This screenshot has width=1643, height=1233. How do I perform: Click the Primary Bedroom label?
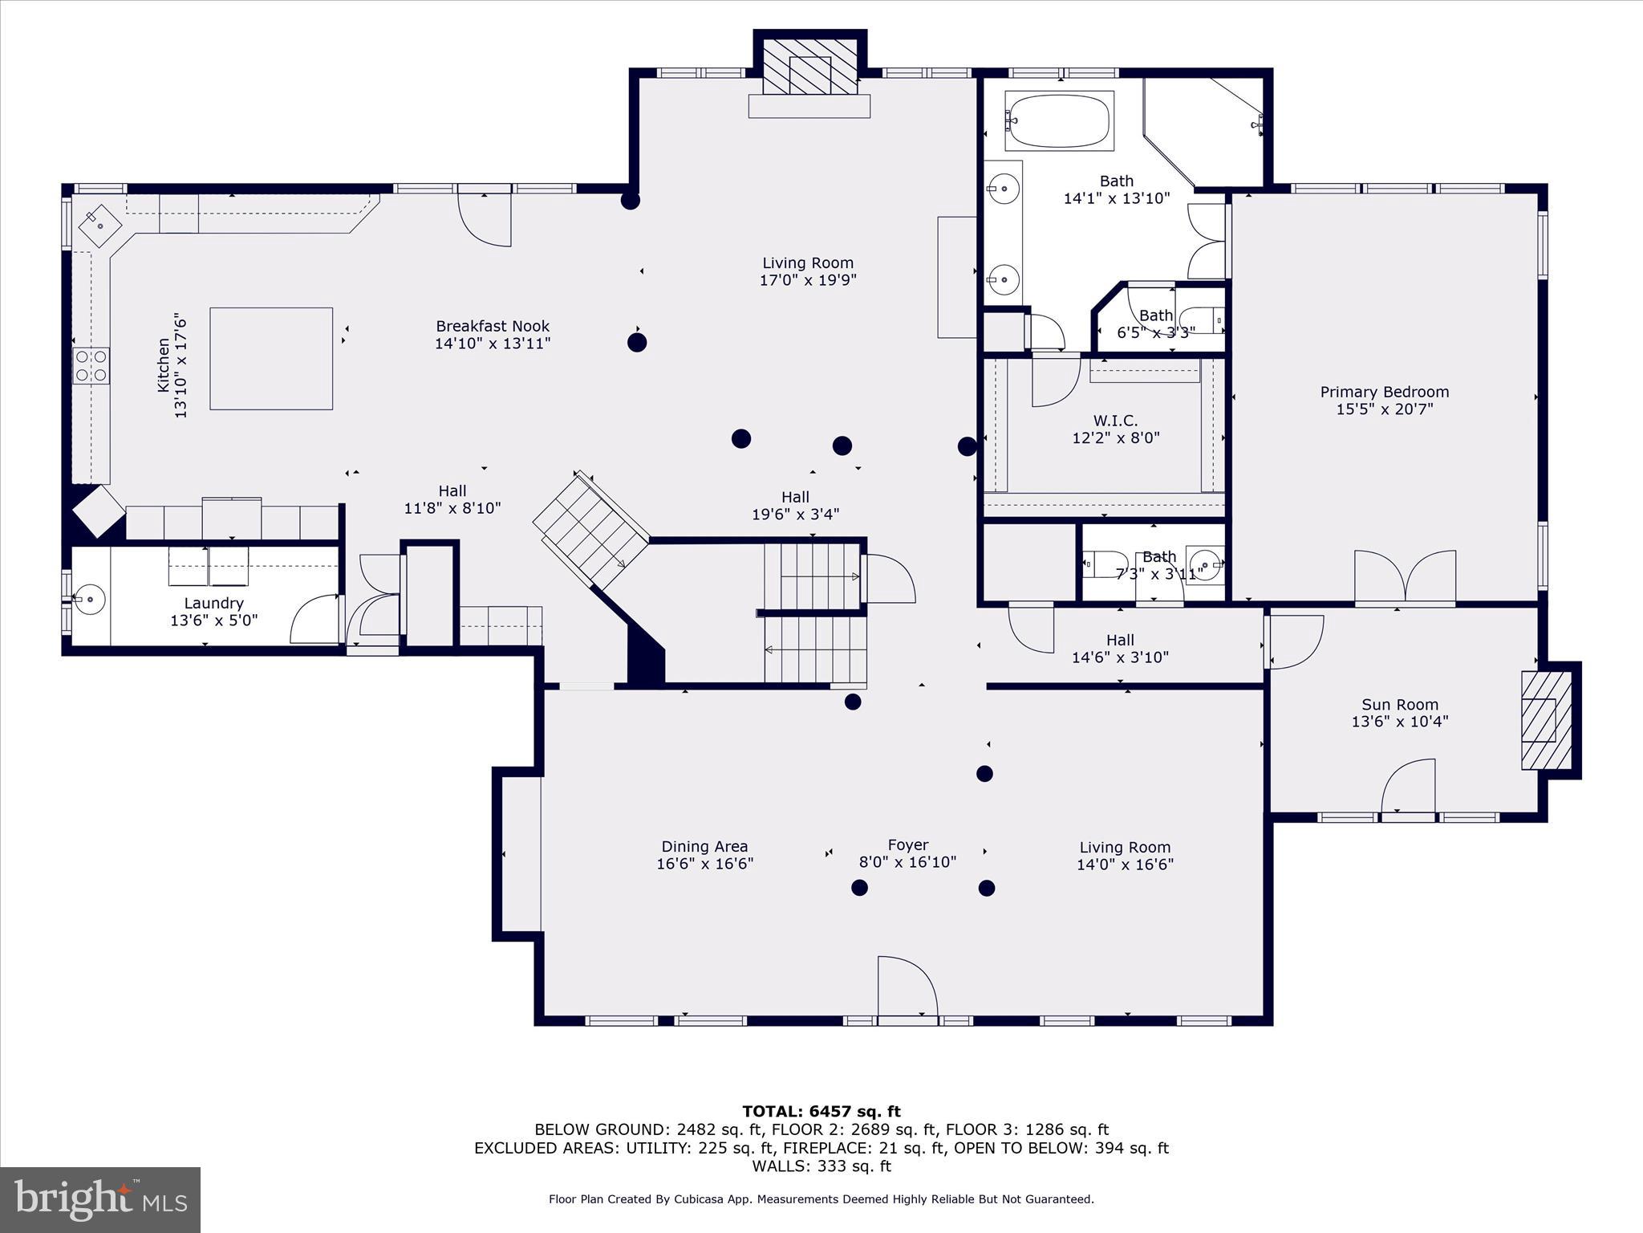pos(1384,392)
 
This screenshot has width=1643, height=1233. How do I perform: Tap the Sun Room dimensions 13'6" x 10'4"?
pos(1399,721)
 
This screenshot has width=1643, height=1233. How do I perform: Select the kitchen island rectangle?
pos(271,358)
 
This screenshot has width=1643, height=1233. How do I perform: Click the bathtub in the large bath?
pos(1059,121)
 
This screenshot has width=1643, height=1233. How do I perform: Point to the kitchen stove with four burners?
pos(91,365)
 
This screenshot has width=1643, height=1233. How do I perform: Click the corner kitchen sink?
pos(99,226)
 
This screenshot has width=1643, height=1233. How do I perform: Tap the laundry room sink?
pos(89,598)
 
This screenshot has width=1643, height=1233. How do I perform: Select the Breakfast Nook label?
pos(493,326)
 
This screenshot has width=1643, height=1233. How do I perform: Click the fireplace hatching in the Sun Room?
pos(1546,719)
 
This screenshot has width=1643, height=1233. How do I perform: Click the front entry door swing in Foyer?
pos(907,987)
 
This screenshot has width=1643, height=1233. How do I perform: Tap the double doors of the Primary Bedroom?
pos(1405,576)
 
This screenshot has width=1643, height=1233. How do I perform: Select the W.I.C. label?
pos(1115,421)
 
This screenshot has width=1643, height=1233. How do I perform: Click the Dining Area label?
pos(704,846)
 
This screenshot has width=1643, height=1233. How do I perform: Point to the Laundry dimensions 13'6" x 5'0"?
pos(213,620)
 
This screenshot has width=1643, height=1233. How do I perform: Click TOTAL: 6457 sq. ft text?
pos(821,1112)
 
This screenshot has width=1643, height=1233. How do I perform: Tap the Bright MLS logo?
pos(100,1199)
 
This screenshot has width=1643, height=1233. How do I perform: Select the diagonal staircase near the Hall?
pos(591,530)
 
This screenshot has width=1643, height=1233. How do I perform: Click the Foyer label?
pos(907,844)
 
